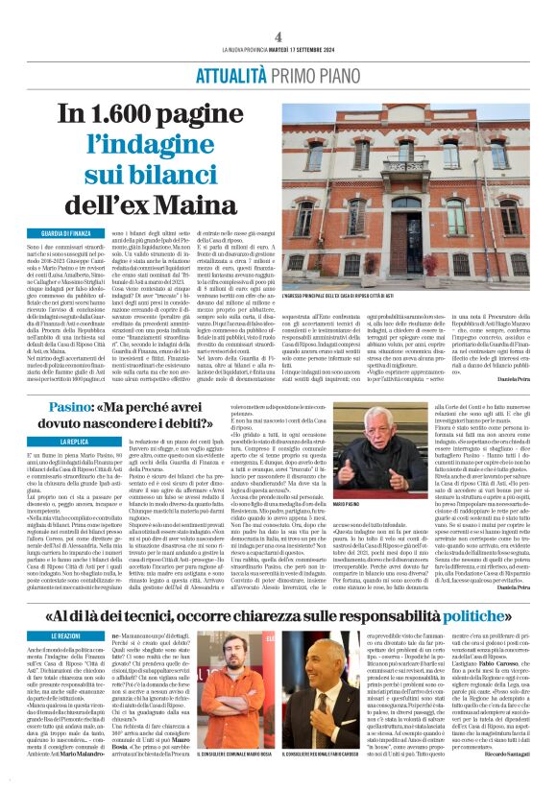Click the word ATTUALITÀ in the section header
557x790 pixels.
click(x=230, y=76)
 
